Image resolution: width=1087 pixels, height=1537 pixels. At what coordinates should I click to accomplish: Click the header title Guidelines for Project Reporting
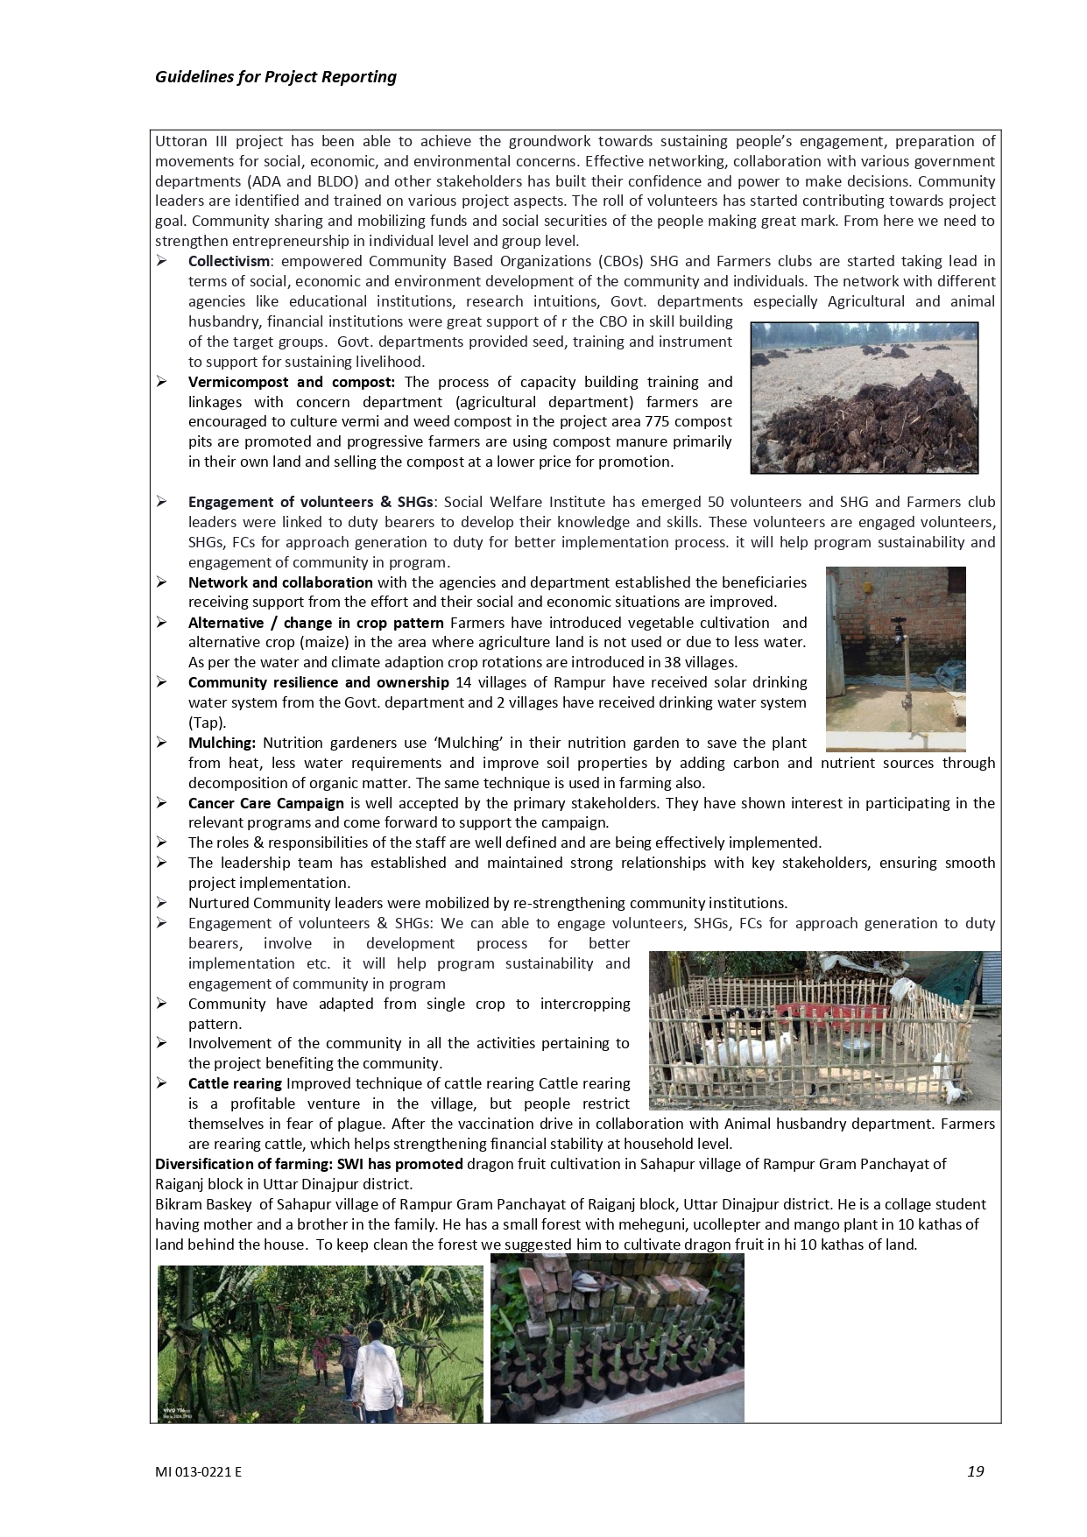coord(275,77)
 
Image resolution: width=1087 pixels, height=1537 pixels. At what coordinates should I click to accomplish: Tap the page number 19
coord(975,1470)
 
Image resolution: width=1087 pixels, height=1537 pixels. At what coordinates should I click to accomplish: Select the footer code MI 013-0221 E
coord(198,1472)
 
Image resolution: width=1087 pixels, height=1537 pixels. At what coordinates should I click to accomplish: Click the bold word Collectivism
coord(229,261)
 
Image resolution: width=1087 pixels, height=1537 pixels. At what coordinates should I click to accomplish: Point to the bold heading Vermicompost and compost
coord(291,382)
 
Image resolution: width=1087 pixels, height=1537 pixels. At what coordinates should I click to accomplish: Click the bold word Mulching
coord(222,743)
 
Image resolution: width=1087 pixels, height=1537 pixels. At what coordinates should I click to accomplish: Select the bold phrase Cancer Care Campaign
coord(265,803)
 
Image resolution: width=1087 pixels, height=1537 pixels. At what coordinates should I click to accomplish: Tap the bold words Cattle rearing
coord(235,1083)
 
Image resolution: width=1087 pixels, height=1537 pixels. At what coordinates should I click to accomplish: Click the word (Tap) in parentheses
coord(207,723)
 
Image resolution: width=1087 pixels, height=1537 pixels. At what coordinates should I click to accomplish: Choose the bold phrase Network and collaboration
coord(280,582)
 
